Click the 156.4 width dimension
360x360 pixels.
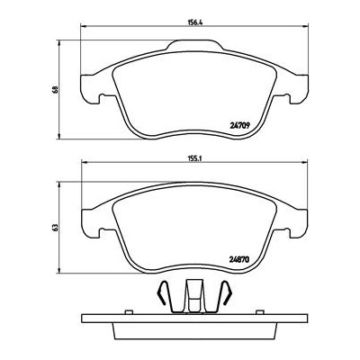pos(194,22)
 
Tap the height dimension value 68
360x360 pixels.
pos(54,90)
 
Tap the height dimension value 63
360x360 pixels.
pos(54,228)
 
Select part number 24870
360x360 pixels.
pos(239,260)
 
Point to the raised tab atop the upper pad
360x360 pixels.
pos(195,45)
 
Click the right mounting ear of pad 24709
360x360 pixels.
pos(298,89)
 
